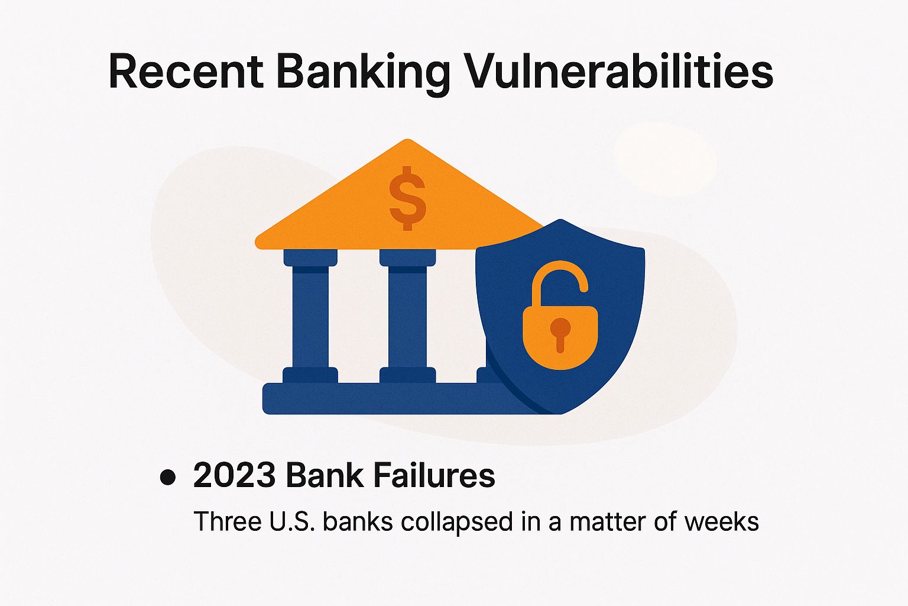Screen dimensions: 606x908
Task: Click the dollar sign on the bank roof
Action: point(407,198)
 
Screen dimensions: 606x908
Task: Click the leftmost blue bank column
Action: point(310,317)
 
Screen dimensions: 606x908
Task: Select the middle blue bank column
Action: point(407,317)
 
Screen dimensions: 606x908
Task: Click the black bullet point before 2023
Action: point(168,477)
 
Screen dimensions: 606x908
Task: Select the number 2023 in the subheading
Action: point(235,475)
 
